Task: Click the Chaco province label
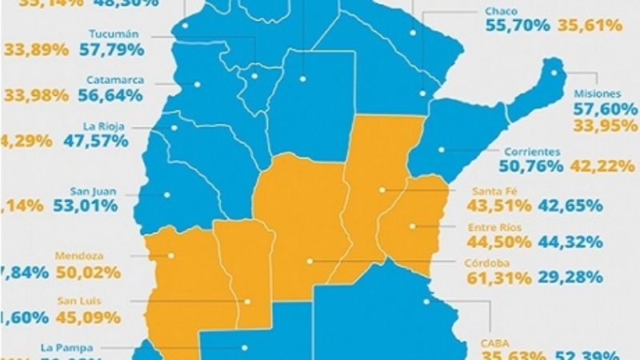[x=502, y=11]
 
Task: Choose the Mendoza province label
[x=77, y=256]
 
